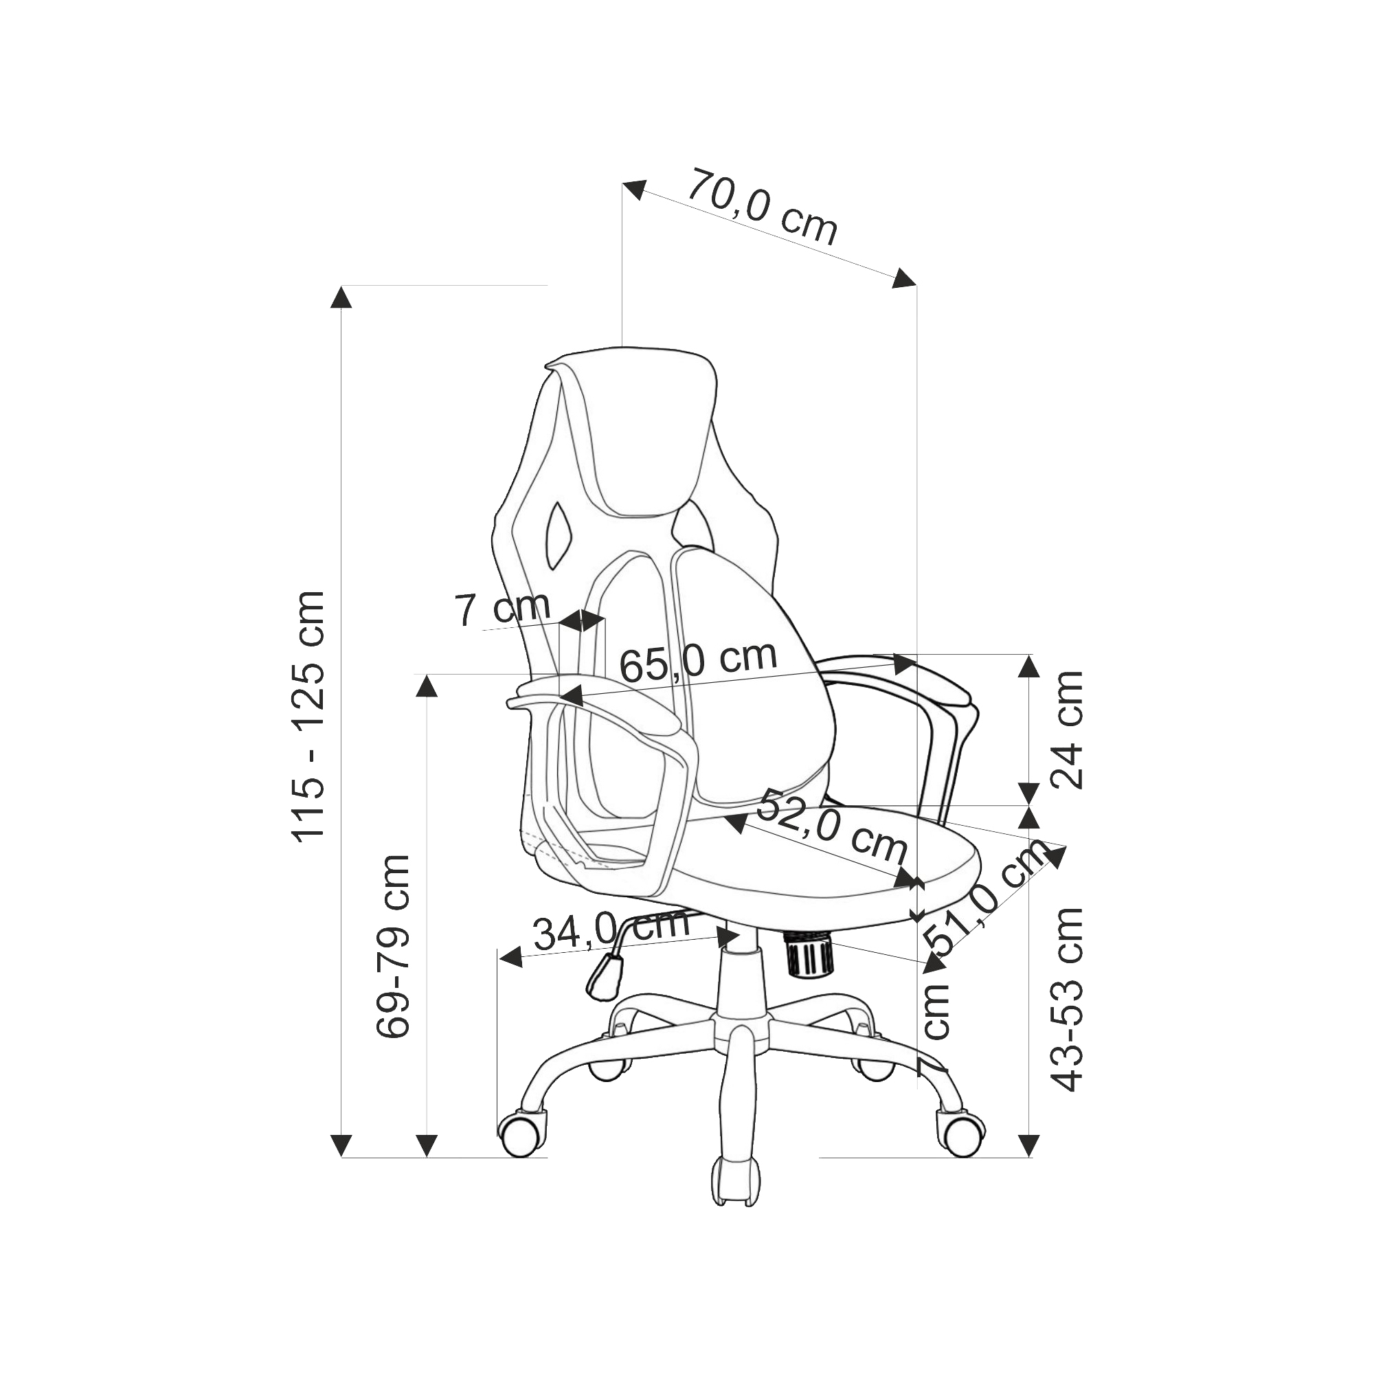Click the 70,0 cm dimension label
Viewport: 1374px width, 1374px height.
point(762,205)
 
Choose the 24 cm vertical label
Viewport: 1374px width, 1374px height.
point(1067,729)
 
